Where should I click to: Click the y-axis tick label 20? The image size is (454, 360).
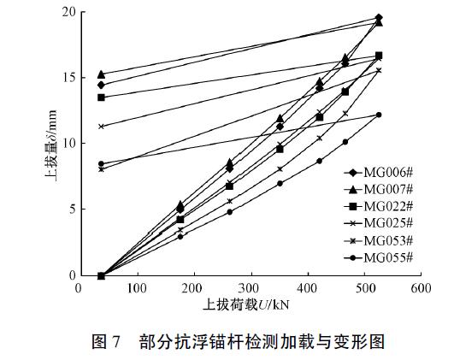coord(65,12)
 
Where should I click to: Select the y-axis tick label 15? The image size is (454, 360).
coord(65,78)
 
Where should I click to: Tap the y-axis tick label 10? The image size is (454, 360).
coord(65,144)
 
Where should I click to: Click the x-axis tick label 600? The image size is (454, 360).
coord(420,289)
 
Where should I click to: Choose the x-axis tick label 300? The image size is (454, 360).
coord(249,289)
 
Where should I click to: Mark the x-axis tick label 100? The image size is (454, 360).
coord(135,289)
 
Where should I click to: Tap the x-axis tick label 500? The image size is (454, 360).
coord(363,289)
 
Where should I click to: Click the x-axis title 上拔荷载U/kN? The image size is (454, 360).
coord(249,305)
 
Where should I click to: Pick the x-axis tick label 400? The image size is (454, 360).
coord(306,289)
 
